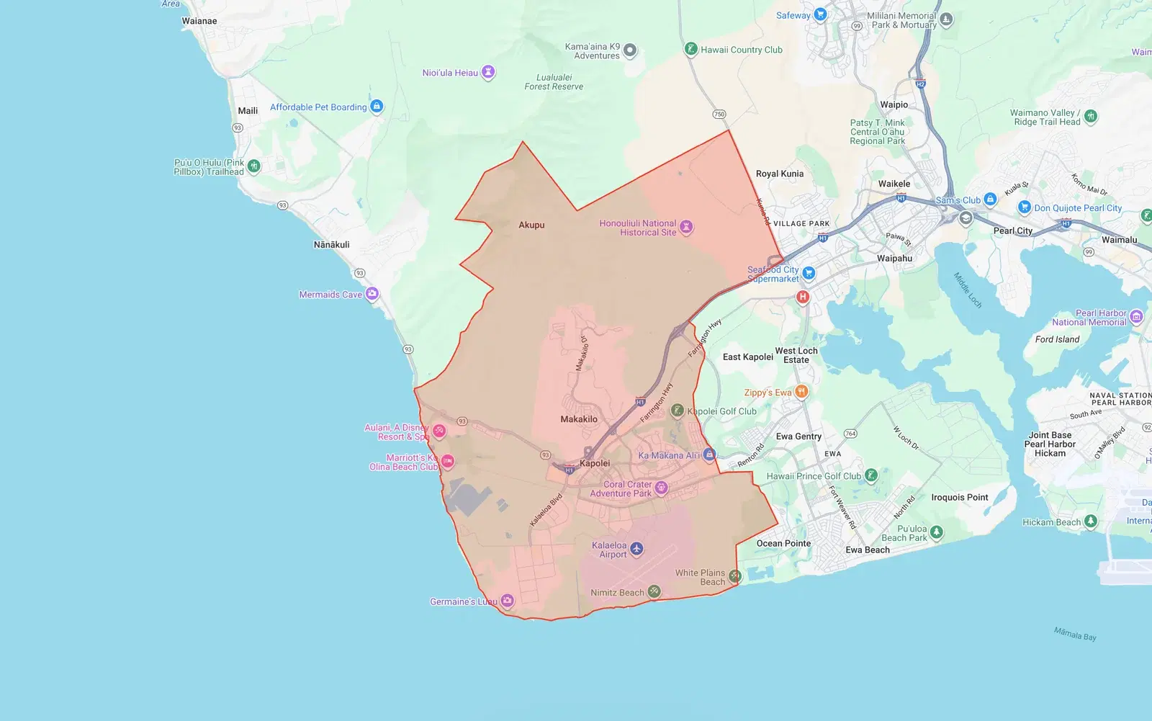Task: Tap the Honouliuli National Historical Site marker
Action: (x=686, y=228)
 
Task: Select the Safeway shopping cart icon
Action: (x=820, y=15)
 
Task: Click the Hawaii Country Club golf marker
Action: (x=690, y=49)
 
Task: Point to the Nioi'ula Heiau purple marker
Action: (x=488, y=72)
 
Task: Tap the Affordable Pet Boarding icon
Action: (x=377, y=107)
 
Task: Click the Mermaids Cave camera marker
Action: (x=372, y=294)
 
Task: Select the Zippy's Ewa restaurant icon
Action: (x=801, y=392)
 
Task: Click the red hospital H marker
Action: (x=803, y=297)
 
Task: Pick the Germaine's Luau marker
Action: (x=508, y=601)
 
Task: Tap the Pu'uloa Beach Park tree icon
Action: (x=936, y=532)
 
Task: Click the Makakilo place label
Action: (x=579, y=419)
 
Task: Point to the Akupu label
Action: (x=531, y=225)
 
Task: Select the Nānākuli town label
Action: (x=331, y=245)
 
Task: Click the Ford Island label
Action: (x=1057, y=339)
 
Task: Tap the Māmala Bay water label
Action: (x=1075, y=634)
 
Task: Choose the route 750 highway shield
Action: (x=719, y=115)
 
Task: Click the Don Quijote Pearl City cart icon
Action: (x=1025, y=207)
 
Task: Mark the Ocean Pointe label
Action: (x=783, y=543)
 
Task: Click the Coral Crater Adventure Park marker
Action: (x=661, y=488)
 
